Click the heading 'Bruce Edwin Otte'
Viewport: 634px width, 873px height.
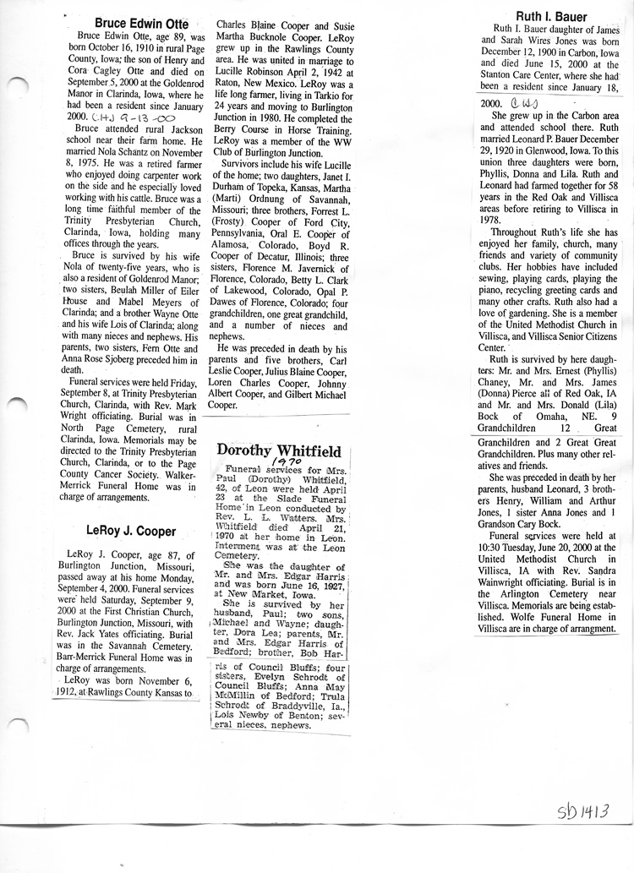click(x=141, y=24)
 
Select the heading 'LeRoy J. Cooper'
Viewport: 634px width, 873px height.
click(x=131, y=532)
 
